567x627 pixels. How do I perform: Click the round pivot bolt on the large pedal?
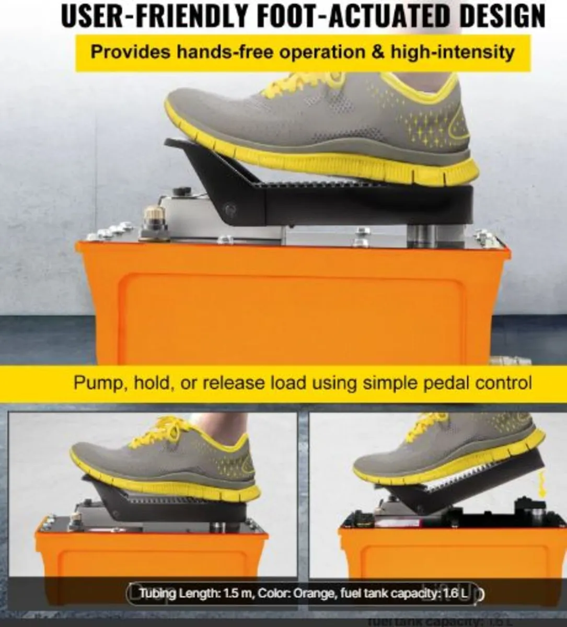pyautogui.click(x=225, y=208)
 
